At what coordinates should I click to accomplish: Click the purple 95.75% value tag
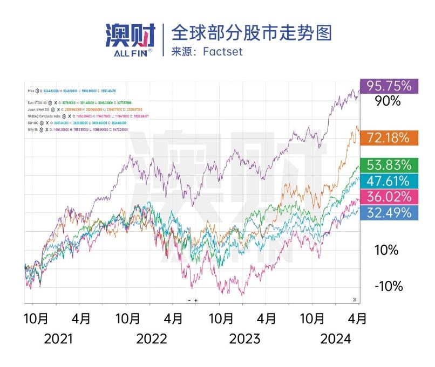point(389,86)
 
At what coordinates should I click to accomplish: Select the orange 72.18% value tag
point(389,137)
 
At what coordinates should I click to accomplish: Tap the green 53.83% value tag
point(389,165)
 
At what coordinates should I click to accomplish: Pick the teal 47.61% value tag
point(389,181)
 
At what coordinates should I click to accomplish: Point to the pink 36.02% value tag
point(389,196)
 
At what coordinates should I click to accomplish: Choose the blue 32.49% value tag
point(389,212)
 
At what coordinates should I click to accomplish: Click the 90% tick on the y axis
point(388,101)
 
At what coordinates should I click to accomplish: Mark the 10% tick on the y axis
point(386,250)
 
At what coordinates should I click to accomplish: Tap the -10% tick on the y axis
point(389,286)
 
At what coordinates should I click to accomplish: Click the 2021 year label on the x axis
point(59,339)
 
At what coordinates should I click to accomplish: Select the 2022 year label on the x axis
point(152,339)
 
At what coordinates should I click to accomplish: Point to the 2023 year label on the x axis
point(244,339)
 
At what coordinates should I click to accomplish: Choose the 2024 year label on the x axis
point(336,339)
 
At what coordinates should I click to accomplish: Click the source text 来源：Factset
point(207,52)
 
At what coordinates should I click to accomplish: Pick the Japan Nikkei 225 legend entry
point(39,109)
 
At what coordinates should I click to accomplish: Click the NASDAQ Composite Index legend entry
point(43,116)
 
